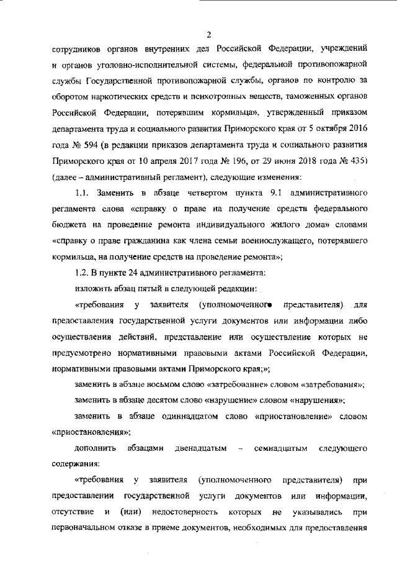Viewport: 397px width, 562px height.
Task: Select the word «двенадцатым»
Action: pyautogui.click(x=200, y=448)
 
